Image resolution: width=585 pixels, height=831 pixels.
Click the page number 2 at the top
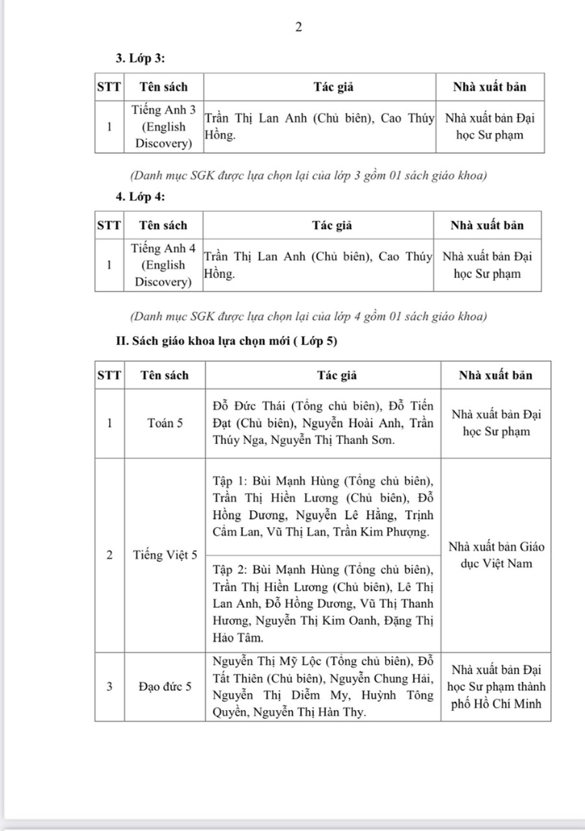pos(298,28)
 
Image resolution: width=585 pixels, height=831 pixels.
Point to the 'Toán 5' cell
pos(165,422)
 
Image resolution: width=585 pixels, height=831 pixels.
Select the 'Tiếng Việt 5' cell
pos(165,554)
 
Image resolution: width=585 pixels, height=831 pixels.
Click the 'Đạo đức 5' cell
pos(165,686)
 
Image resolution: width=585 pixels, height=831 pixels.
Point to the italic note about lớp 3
pos(308,175)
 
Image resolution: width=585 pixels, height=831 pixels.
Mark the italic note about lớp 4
pos(308,315)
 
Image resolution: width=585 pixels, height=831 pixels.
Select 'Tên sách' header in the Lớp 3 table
pos(163,87)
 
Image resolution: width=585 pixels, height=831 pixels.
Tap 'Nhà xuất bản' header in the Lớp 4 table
pos(487,225)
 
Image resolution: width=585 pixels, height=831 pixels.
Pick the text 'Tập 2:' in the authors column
pos(228,570)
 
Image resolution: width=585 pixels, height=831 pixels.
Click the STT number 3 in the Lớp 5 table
pos(109,686)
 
